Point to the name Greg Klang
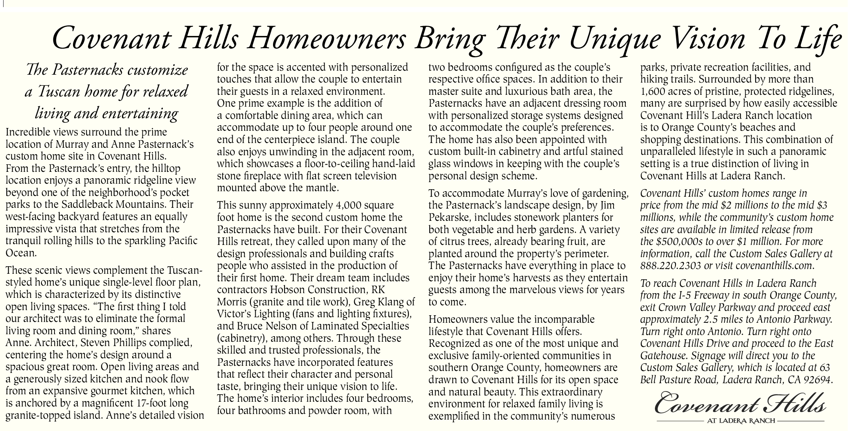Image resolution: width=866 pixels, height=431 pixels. click(380, 302)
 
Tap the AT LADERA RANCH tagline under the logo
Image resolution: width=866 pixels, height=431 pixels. click(740, 421)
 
